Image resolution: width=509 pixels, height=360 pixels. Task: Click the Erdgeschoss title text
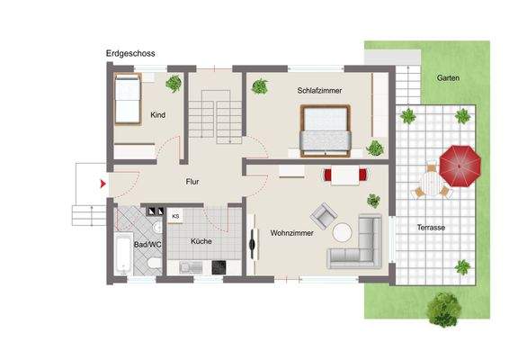(x=130, y=54)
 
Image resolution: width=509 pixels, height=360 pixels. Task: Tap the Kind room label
(x=158, y=114)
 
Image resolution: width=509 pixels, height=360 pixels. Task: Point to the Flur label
(x=192, y=182)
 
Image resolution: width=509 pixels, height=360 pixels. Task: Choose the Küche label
(x=201, y=242)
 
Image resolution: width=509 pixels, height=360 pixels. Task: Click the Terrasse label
(x=431, y=228)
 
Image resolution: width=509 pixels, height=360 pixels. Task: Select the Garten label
(x=448, y=77)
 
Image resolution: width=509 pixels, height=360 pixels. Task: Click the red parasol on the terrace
(x=460, y=164)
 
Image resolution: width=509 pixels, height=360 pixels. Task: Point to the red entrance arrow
(x=103, y=184)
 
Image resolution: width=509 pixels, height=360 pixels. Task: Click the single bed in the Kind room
(x=129, y=101)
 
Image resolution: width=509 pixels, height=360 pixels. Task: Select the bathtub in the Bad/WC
(x=121, y=254)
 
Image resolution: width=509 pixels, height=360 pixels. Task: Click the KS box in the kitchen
(x=175, y=216)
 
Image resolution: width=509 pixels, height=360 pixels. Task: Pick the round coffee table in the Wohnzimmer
(x=343, y=232)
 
